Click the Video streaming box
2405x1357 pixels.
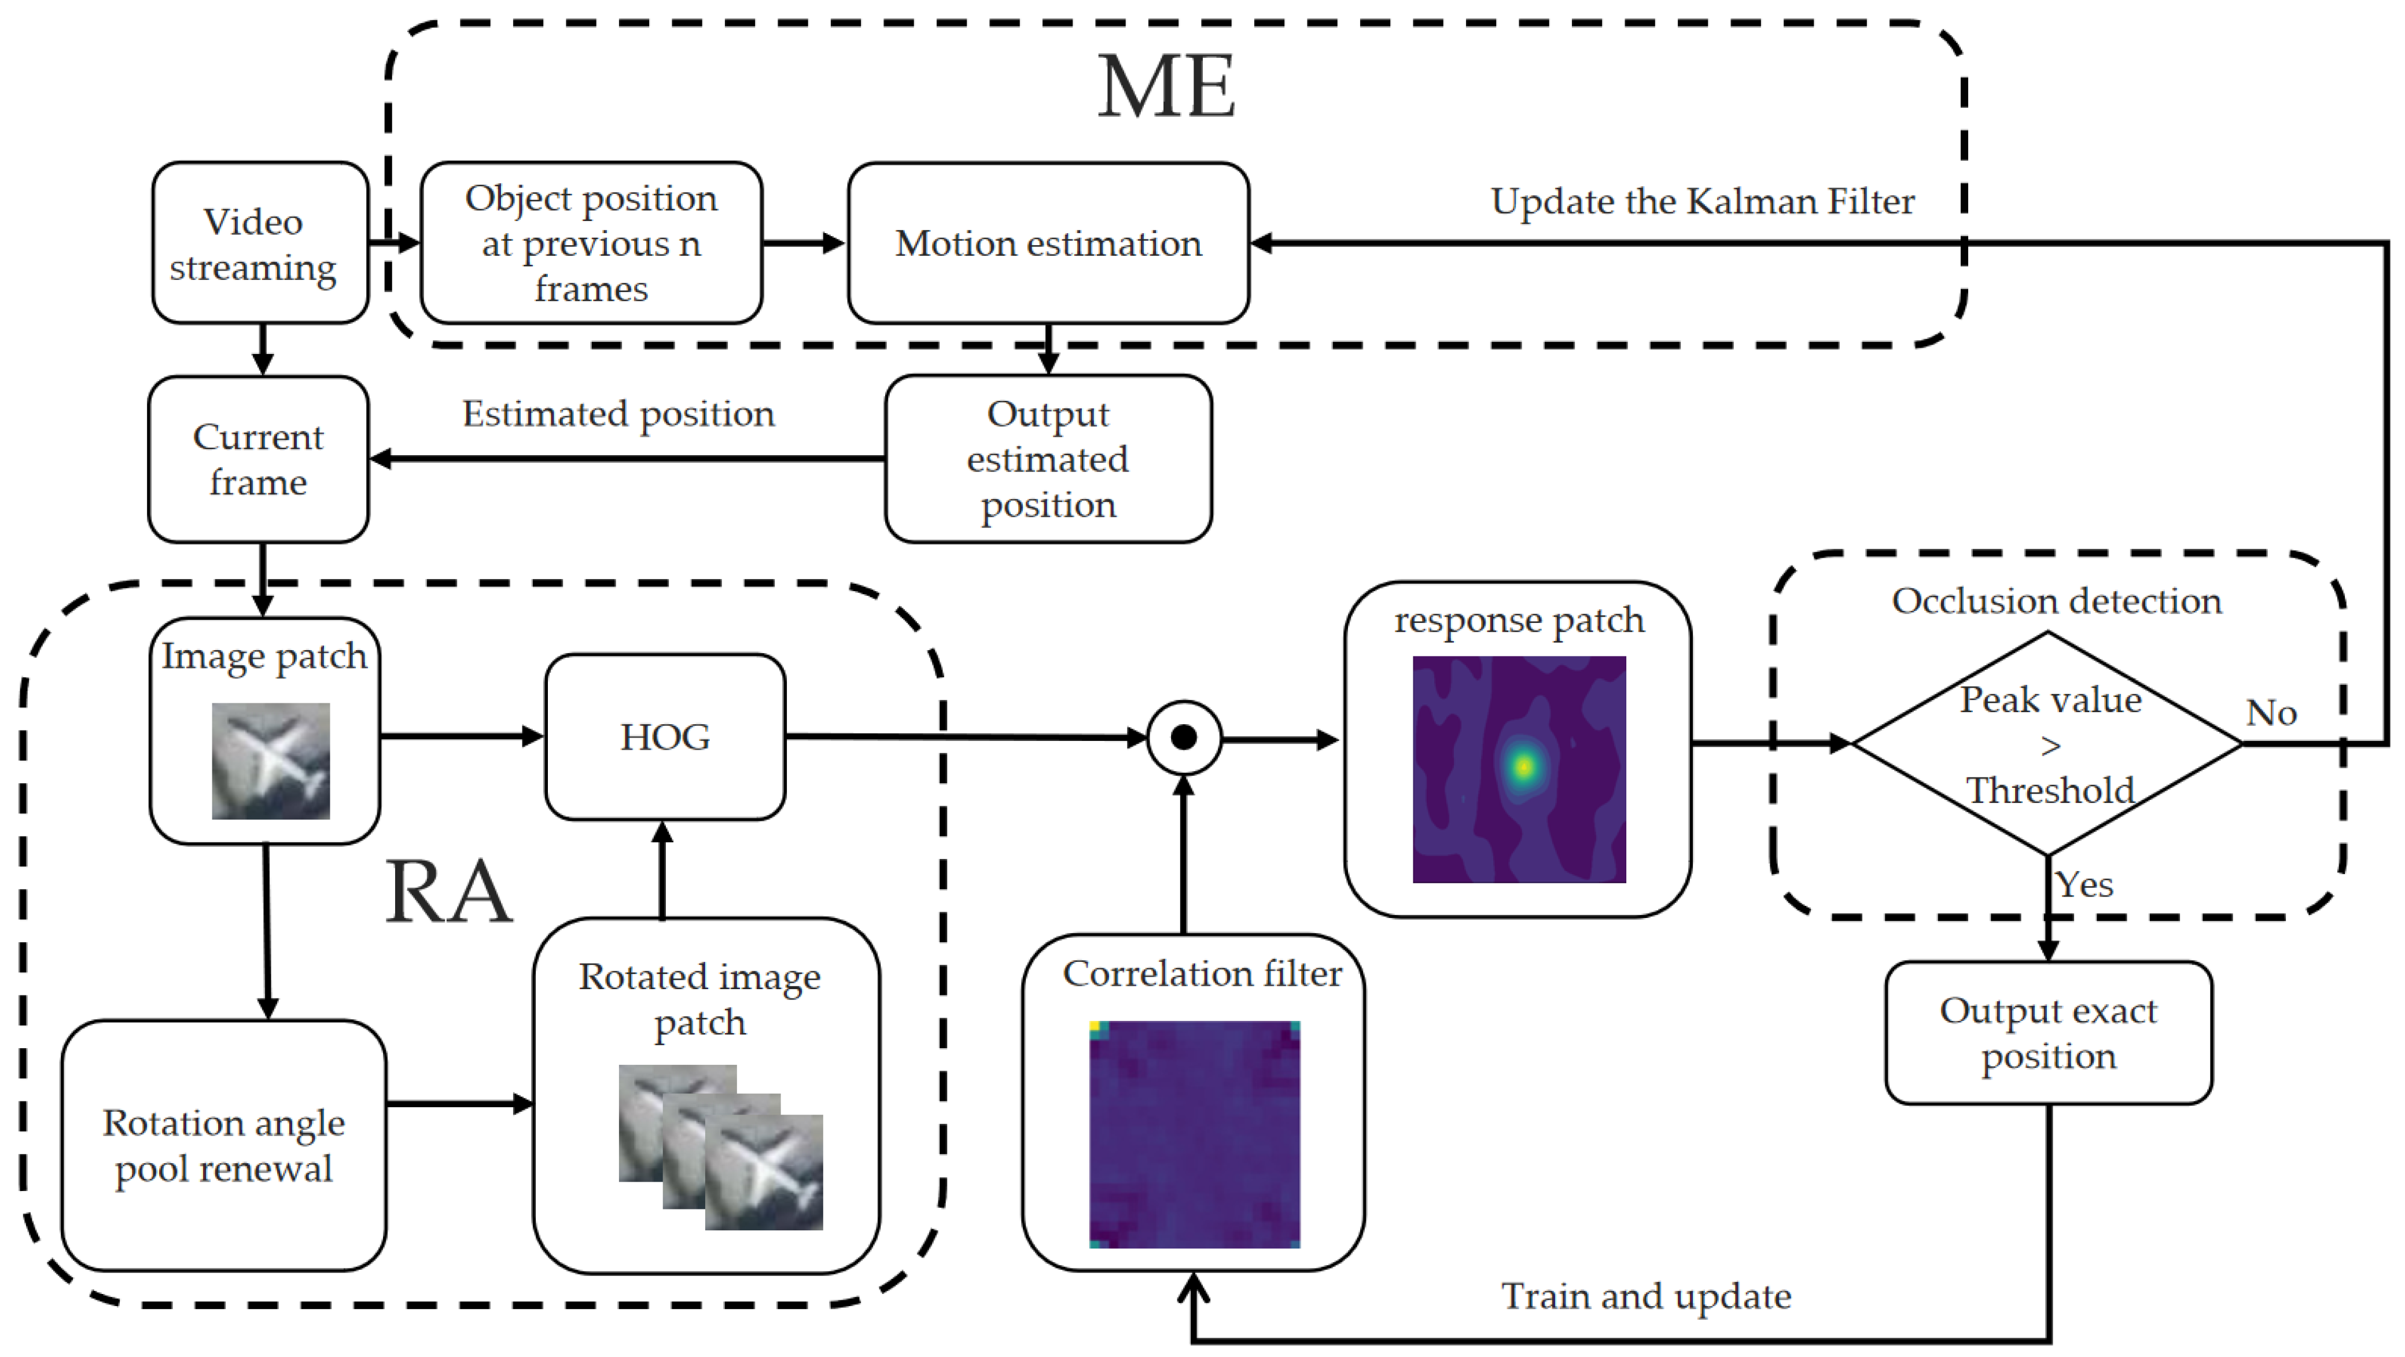point(260,243)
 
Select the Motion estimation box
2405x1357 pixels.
point(1048,243)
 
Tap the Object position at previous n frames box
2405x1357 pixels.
point(591,243)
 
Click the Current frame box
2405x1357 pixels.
point(259,459)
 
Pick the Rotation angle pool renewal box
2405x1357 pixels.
point(224,1145)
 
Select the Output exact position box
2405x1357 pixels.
point(2049,1032)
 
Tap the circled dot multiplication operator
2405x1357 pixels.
point(1184,738)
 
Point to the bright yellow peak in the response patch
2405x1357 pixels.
point(1524,766)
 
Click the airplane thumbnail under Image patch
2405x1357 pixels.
point(271,761)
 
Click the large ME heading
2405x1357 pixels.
point(1166,87)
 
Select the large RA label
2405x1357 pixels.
point(448,892)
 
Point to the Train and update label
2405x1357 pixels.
point(1646,1296)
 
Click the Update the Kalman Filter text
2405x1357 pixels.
point(1702,202)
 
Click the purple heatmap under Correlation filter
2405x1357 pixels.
point(1195,1134)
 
